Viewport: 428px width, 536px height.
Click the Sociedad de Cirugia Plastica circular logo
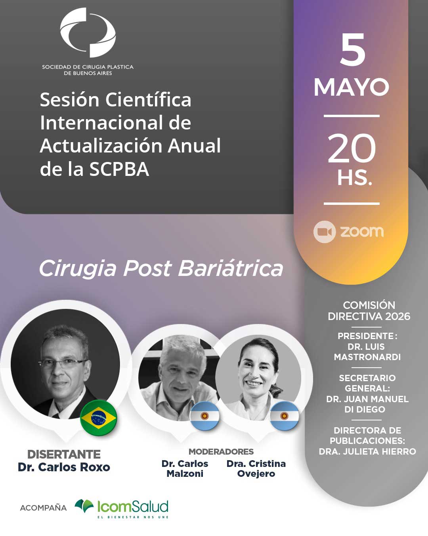coord(88,33)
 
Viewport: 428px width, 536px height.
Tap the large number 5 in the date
coord(353,50)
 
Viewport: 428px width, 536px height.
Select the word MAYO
coord(352,87)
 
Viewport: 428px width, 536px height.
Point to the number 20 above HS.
coord(352,148)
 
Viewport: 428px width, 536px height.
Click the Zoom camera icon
coord(325,231)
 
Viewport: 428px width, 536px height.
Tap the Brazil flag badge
coord(99,418)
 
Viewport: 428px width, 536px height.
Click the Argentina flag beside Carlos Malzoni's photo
coord(204,416)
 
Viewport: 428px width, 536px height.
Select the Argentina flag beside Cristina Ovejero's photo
coord(285,416)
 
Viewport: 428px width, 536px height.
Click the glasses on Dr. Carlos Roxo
coord(63,364)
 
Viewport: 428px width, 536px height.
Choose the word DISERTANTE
coord(64,454)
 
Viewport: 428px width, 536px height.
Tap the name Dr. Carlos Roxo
coord(64,467)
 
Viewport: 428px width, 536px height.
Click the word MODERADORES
coord(221,451)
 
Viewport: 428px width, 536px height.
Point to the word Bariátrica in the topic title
coord(231,268)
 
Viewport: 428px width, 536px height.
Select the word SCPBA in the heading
coord(119,169)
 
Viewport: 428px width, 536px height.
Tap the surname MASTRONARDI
coord(367,357)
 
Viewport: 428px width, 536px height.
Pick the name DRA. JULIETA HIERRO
coord(368,451)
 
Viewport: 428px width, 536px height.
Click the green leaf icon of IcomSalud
coord(84,505)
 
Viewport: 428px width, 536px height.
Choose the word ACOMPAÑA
coord(43,507)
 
